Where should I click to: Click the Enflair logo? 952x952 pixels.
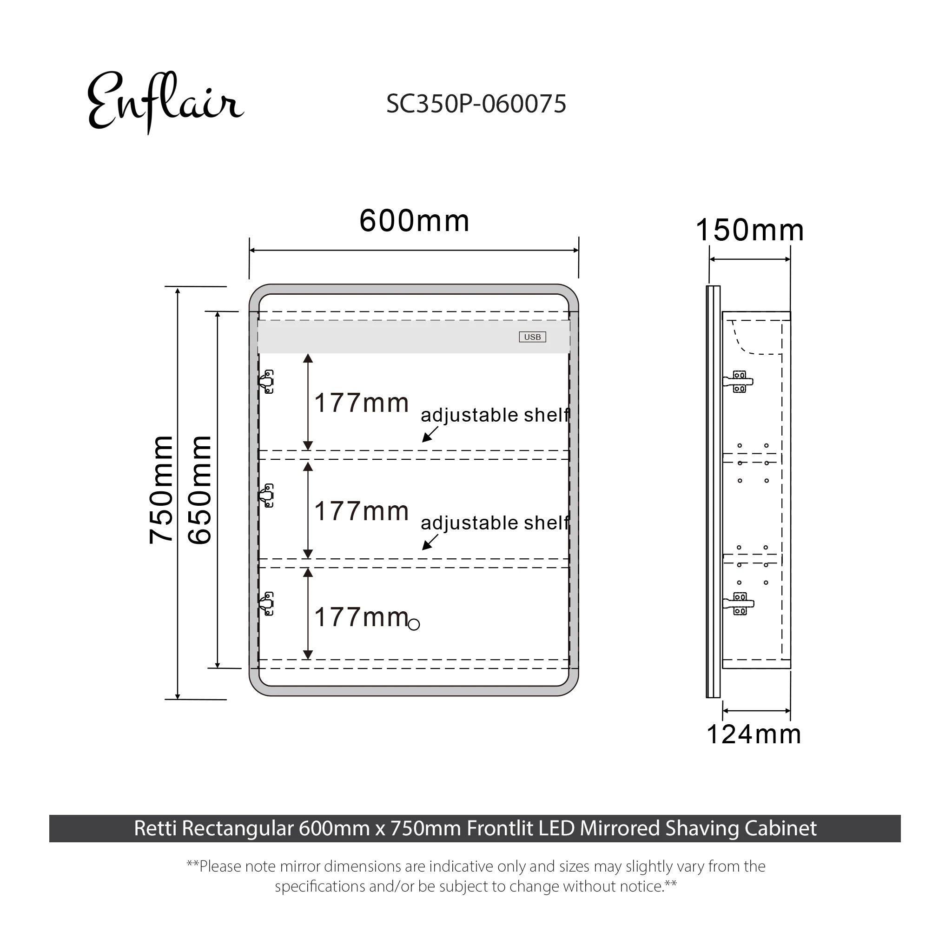(x=165, y=102)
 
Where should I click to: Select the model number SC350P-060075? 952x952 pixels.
(x=476, y=104)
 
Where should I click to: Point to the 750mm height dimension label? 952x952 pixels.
(x=161, y=490)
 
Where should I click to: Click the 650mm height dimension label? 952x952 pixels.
(x=199, y=490)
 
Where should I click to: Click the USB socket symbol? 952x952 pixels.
(x=532, y=337)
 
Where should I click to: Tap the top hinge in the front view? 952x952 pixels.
(x=266, y=381)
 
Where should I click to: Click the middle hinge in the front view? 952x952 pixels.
(x=266, y=495)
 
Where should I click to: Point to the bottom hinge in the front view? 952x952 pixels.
(x=266, y=604)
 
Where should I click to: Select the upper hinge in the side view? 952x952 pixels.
(x=738, y=381)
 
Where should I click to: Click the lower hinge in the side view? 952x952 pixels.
(x=738, y=604)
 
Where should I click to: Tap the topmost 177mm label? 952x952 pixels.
(x=362, y=403)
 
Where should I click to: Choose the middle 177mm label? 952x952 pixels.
(x=362, y=511)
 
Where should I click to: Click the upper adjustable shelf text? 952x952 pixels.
(x=495, y=415)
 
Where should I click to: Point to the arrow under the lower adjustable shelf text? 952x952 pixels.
(x=430, y=542)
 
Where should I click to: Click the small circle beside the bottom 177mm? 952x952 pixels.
(x=414, y=625)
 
